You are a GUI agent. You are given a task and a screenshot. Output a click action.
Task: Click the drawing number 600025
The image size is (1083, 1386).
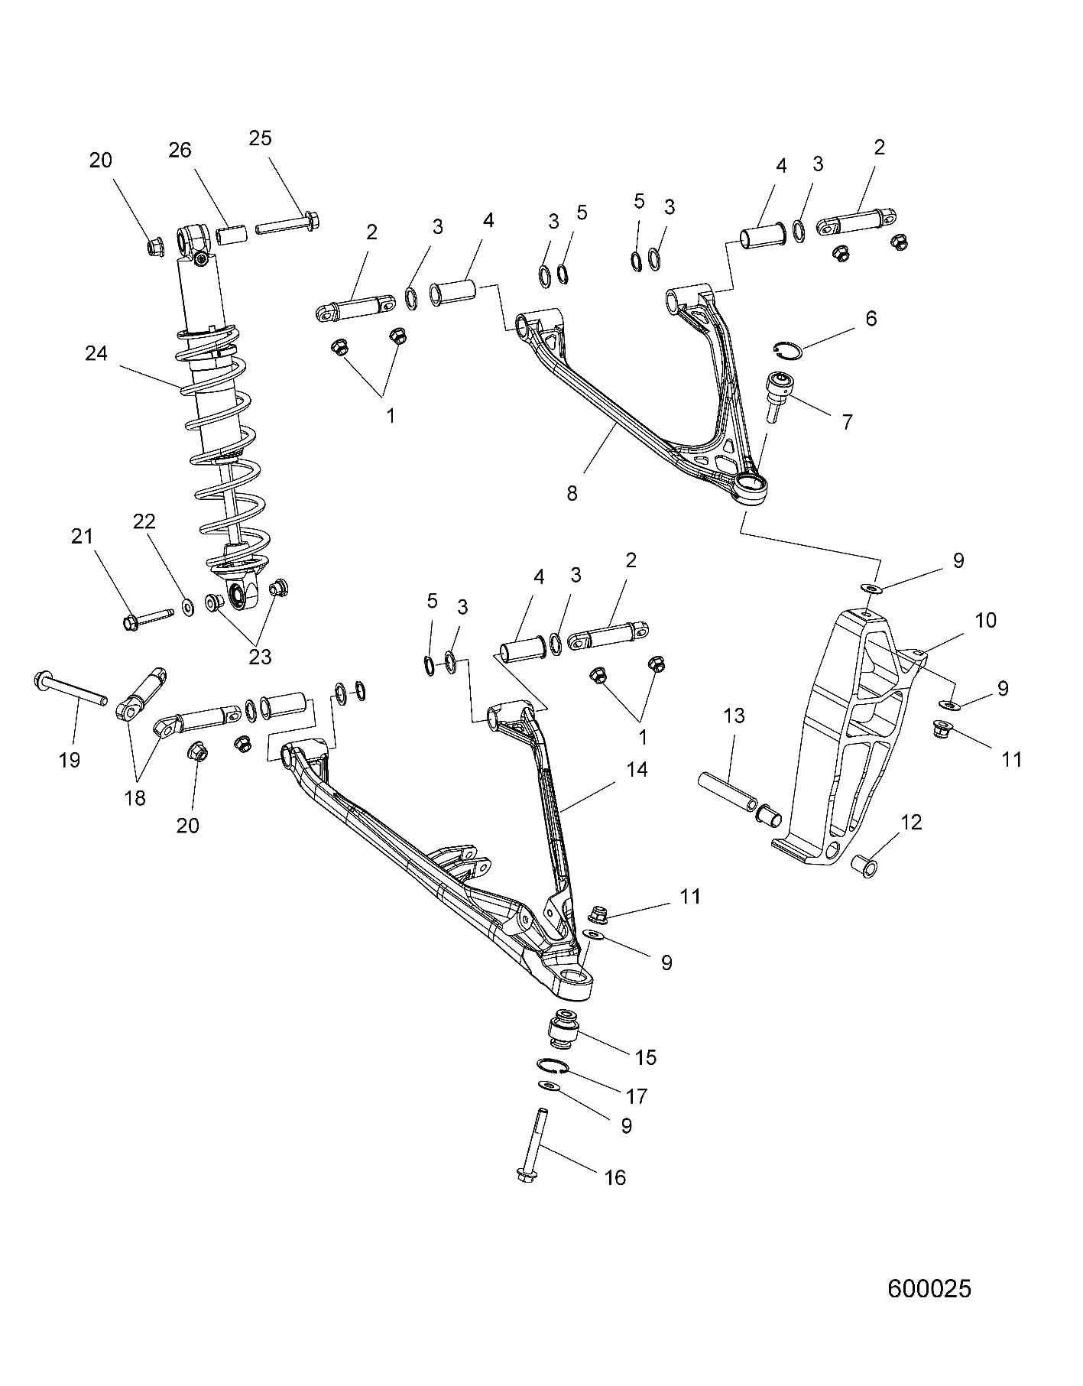coord(929,1288)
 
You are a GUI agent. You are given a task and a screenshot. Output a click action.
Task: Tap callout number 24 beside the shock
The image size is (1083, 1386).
coord(97,354)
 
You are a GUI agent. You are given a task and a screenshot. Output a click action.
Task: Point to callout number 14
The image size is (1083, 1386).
coord(637,769)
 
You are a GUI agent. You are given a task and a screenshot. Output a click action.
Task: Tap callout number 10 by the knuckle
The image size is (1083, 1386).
coord(986,620)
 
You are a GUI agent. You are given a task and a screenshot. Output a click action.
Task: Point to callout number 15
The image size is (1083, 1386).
coord(646,1057)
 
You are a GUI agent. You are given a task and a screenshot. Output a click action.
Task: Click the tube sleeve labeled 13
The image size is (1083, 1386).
coord(729,792)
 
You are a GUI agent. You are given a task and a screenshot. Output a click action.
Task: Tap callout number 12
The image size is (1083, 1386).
coord(911,823)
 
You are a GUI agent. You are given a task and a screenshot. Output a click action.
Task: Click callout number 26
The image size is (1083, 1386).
coord(180,150)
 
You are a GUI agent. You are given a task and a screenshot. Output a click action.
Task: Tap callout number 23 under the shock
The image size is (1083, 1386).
coord(261,656)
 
